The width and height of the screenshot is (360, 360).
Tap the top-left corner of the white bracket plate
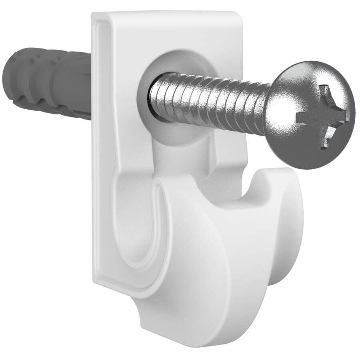coord(94,16)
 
